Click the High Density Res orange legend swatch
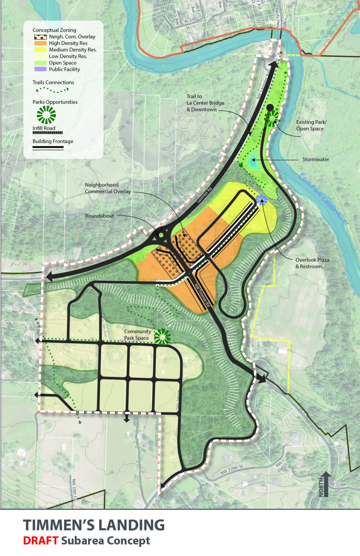point(40,43)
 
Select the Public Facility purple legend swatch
point(40,69)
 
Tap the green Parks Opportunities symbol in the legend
point(46,115)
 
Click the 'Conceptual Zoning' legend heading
point(54,30)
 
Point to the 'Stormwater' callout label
point(315,159)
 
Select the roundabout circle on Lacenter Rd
point(161,235)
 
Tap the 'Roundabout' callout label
point(99,216)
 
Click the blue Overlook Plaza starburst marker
point(261,199)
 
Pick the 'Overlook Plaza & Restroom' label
point(312,263)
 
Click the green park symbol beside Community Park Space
point(162,337)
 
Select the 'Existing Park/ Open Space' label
point(311,125)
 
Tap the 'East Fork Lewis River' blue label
point(323,199)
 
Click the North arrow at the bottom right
point(325,484)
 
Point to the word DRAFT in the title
point(41,541)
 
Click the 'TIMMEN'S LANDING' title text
point(94,525)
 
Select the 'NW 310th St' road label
point(231,470)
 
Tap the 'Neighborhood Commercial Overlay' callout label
point(108,188)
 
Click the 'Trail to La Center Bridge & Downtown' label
point(205,103)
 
